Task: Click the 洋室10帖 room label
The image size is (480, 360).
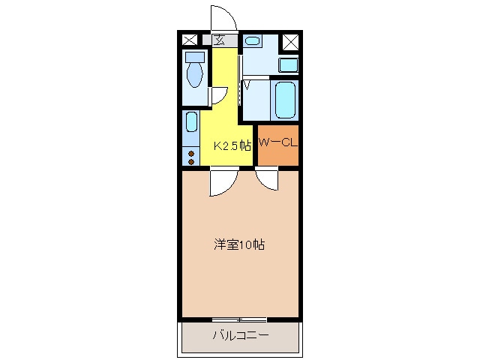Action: [239, 245]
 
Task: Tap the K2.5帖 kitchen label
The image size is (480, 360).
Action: [232, 146]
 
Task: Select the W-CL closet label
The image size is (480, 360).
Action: [278, 142]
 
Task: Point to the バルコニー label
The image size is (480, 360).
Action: [241, 335]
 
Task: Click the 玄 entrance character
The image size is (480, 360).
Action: [219, 40]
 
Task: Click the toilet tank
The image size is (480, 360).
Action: [195, 57]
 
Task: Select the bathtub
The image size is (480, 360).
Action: [285, 100]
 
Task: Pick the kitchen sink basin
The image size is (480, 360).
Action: [192, 121]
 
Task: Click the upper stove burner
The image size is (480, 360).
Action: [191, 154]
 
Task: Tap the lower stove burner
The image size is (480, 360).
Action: [191, 161]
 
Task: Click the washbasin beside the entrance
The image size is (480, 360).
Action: [253, 40]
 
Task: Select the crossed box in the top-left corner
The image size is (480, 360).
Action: [190, 40]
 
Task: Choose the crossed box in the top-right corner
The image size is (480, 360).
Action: [290, 42]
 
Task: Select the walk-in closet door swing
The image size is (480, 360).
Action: [264, 184]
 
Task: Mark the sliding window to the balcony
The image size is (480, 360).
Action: [239, 319]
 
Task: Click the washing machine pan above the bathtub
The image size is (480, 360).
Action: [288, 65]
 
